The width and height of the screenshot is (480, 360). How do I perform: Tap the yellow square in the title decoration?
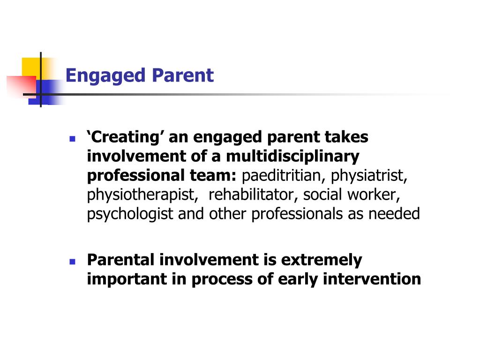[x=31, y=66]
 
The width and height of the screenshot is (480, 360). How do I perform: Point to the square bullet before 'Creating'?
[x=72, y=139]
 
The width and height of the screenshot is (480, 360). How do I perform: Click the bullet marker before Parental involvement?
[x=72, y=262]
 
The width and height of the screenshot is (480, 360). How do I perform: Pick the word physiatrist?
[x=370, y=176]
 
